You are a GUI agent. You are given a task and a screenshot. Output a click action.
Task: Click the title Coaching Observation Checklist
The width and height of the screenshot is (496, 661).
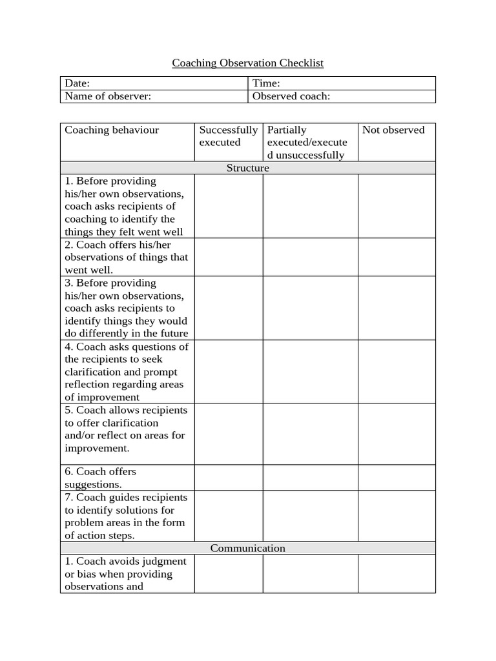point(247,63)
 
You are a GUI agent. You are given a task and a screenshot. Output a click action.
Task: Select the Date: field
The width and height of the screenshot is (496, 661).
point(154,83)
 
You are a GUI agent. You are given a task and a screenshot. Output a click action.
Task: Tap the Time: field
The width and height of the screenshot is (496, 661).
point(342,83)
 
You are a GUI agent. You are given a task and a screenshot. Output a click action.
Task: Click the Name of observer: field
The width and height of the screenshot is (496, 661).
point(154,96)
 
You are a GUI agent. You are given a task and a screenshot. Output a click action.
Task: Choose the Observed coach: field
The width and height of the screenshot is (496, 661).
point(342,96)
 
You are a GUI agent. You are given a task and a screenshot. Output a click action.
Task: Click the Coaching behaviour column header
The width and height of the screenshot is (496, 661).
point(112,130)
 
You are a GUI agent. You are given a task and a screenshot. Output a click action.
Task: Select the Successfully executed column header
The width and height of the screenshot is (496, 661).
point(228,136)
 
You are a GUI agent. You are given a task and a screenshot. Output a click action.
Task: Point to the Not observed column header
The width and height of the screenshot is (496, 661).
point(393,130)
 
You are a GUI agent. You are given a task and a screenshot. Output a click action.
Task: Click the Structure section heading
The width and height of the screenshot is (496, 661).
point(247,168)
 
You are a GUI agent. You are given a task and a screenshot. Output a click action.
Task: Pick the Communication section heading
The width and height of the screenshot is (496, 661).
point(247,548)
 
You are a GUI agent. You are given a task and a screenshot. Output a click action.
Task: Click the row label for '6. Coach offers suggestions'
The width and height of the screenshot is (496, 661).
point(101,478)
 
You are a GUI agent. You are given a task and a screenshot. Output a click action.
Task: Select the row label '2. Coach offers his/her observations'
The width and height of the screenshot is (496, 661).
point(127,257)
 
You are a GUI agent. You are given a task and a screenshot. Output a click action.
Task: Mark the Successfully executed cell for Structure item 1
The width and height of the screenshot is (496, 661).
point(228,206)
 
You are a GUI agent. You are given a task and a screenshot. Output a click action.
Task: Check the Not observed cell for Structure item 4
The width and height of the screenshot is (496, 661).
point(396,371)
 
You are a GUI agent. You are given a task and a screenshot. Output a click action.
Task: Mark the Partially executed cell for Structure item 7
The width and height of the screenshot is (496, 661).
point(310,516)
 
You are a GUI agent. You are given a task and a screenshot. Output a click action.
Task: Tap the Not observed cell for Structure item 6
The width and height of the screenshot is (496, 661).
point(396,478)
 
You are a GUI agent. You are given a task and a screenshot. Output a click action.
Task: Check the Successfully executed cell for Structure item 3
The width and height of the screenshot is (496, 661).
point(228,308)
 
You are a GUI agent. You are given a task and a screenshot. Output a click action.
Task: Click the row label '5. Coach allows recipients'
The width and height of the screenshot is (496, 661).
point(126,429)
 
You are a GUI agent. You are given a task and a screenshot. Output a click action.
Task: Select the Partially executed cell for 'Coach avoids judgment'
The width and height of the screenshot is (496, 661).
point(310,573)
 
